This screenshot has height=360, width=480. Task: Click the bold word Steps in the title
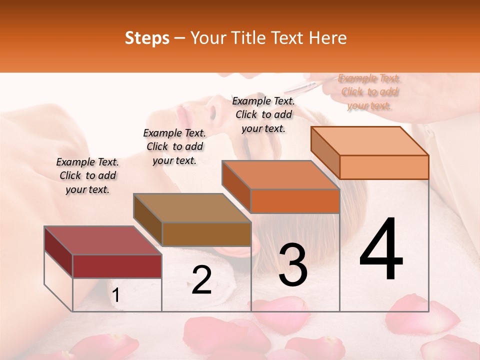coord(147,38)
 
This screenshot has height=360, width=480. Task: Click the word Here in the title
coord(327,38)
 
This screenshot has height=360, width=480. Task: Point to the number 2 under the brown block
coord(201,280)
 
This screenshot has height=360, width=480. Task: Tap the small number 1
coord(116,295)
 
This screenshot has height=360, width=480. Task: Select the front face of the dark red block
coord(117,266)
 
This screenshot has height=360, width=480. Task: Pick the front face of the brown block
coord(206,234)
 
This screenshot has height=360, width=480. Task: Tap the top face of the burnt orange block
coord(280,175)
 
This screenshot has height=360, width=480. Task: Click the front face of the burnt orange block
coord(295,201)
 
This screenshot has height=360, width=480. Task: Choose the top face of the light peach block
coord(369,140)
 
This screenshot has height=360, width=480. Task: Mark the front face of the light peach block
coord(384,167)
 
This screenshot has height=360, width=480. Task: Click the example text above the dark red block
coord(87,175)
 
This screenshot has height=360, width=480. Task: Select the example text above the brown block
coord(174,146)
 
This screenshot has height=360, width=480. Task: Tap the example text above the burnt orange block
coord(263,114)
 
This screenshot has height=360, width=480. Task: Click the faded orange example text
coord(369,91)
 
